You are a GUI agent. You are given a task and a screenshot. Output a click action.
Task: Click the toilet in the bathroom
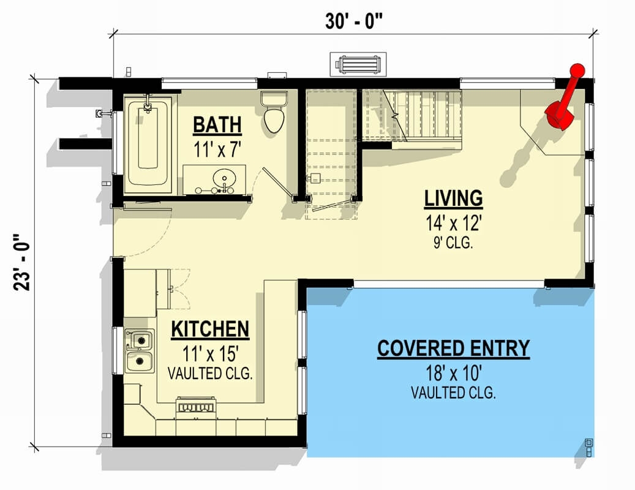[x=274, y=113]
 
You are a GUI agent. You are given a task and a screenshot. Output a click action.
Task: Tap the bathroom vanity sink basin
[x=224, y=178]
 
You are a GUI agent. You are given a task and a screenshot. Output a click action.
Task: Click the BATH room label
[x=217, y=125]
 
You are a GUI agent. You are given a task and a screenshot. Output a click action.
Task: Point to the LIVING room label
[x=454, y=198]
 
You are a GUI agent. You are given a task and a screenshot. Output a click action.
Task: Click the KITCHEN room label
[x=210, y=330]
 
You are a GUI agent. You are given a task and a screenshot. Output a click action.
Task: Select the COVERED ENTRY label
[x=453, y=349]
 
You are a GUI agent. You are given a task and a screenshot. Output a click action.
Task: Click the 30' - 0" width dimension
[x=355, y=21]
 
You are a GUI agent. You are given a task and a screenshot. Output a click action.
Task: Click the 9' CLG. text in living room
[x=453, y=243]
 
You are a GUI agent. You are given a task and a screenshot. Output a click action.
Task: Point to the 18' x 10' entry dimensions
[x=453, y=373]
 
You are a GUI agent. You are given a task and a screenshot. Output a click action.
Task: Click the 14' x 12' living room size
[x=453, y=222]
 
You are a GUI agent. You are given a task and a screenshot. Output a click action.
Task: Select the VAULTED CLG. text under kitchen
[x=210, y=373]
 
